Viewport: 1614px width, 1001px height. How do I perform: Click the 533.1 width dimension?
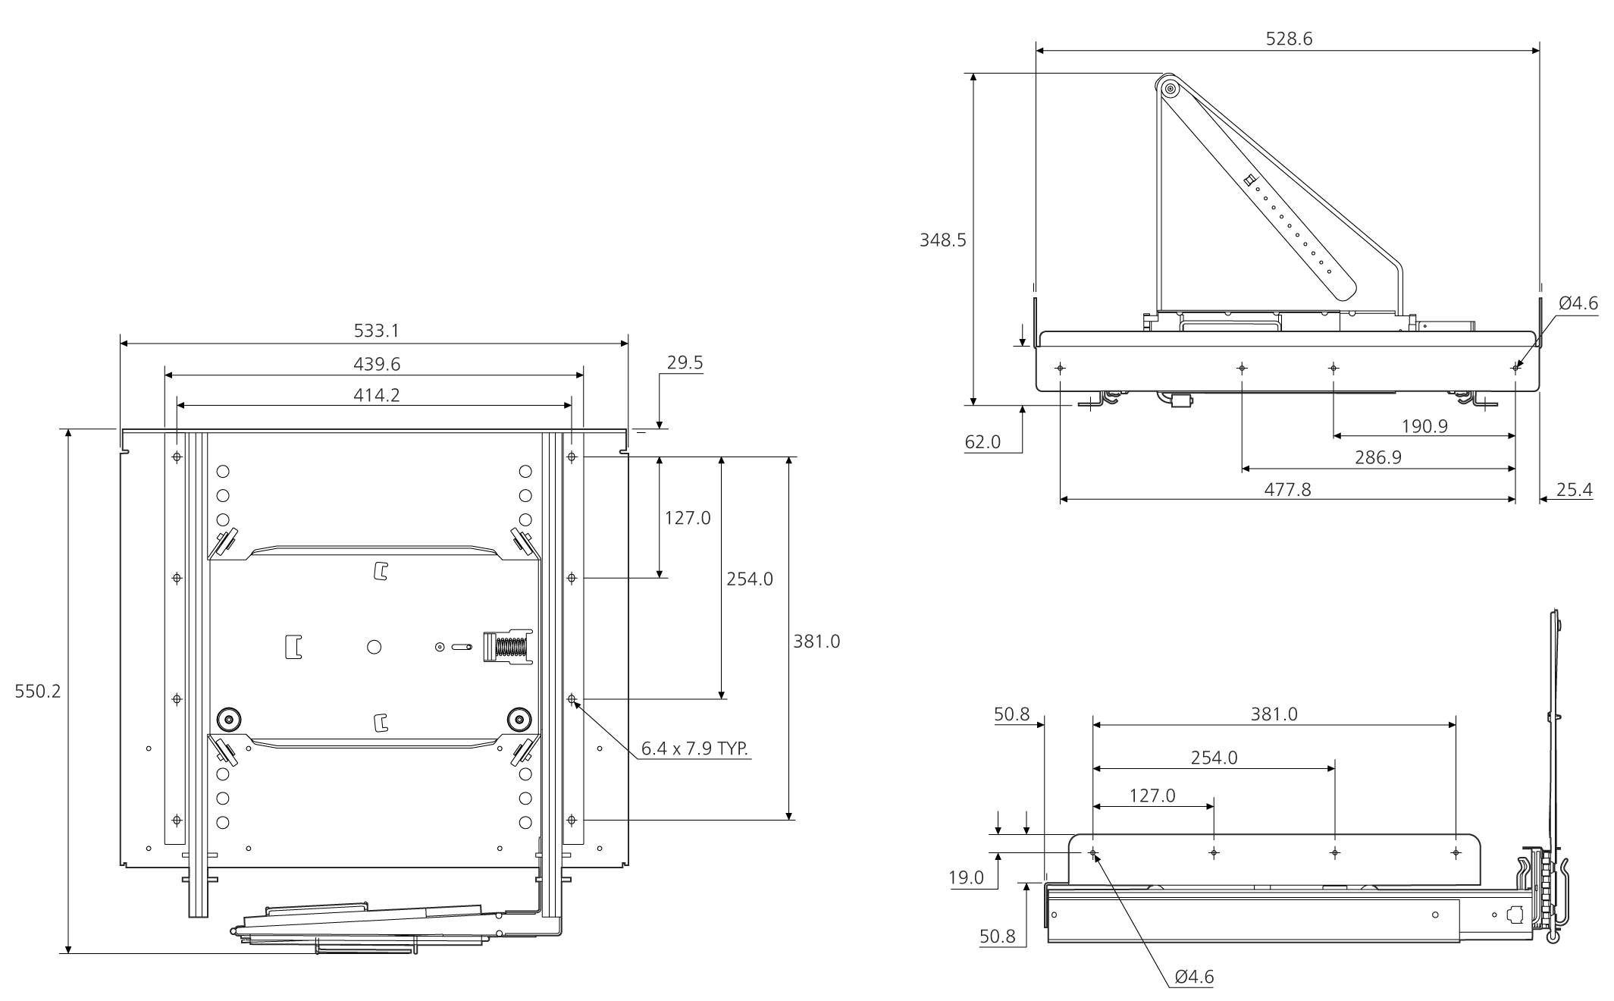[x=376, y=331]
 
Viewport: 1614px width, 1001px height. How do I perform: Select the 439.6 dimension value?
[x=377, y=364]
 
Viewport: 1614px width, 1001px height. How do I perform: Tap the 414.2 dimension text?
[x=377, y=395]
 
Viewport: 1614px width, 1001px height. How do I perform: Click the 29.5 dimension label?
[x=685, y=363]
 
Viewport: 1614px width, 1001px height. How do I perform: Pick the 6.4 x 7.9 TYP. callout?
[x=695, y=748]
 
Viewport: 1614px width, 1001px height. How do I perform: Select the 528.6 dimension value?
[x=1289, y=39]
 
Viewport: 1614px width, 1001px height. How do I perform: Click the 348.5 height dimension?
[x=943, y=240]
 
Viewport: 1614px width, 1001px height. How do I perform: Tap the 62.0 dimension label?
[x=983, y=442]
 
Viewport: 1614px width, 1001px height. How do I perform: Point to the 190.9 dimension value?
[x=1424, y=426]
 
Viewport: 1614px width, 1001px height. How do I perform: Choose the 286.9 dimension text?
[x=1377, y=457]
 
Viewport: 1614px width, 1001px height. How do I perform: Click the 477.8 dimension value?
[x=1287, y=489]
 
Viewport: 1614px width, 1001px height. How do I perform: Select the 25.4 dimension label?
[x=1574, y=490]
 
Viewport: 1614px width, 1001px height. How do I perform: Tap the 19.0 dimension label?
[x=967, y=878]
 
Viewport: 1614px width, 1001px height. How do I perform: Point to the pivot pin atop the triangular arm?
[x=1170, y=89]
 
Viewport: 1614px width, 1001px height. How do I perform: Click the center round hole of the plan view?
[x=374, y=647]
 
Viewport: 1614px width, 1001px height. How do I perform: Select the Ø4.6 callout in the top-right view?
[x=1578, y=303]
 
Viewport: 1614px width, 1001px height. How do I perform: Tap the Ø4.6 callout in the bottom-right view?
[x=1194, y=977]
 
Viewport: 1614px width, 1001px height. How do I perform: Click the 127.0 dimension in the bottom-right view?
[x=1152, y=795]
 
